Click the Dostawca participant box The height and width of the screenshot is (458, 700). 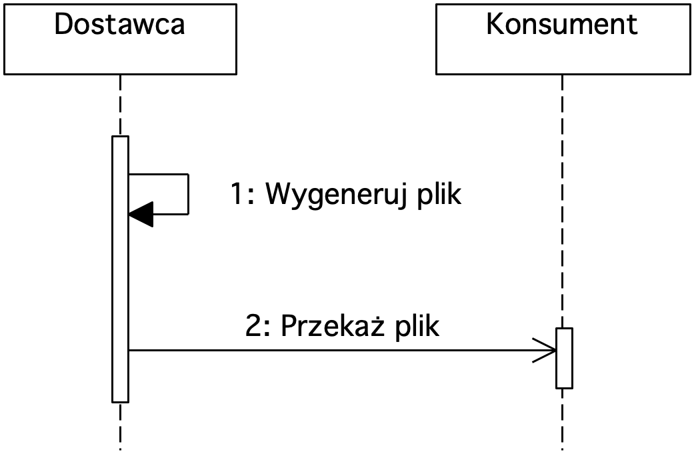120,39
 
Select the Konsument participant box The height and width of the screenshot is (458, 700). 563,39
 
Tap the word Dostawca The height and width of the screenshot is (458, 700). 119,24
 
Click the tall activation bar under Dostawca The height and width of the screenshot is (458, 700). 120,269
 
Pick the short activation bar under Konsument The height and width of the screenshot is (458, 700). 564,359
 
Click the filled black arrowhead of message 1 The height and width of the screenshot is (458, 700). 141,214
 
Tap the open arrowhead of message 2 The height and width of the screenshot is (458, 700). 545,351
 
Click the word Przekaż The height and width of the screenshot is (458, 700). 333,326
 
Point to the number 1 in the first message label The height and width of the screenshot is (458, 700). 237,194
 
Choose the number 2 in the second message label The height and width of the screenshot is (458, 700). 253,326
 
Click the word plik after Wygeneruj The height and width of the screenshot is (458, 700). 439,195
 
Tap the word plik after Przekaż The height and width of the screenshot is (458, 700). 417,327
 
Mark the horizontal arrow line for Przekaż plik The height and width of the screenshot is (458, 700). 343,351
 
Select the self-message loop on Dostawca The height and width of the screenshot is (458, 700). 189,194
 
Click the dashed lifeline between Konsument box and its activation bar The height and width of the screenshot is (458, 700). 562,201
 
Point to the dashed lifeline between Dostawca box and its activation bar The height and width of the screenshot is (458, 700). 120,105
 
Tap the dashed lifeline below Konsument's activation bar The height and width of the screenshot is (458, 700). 562,419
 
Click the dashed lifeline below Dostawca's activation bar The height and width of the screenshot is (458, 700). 120,427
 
